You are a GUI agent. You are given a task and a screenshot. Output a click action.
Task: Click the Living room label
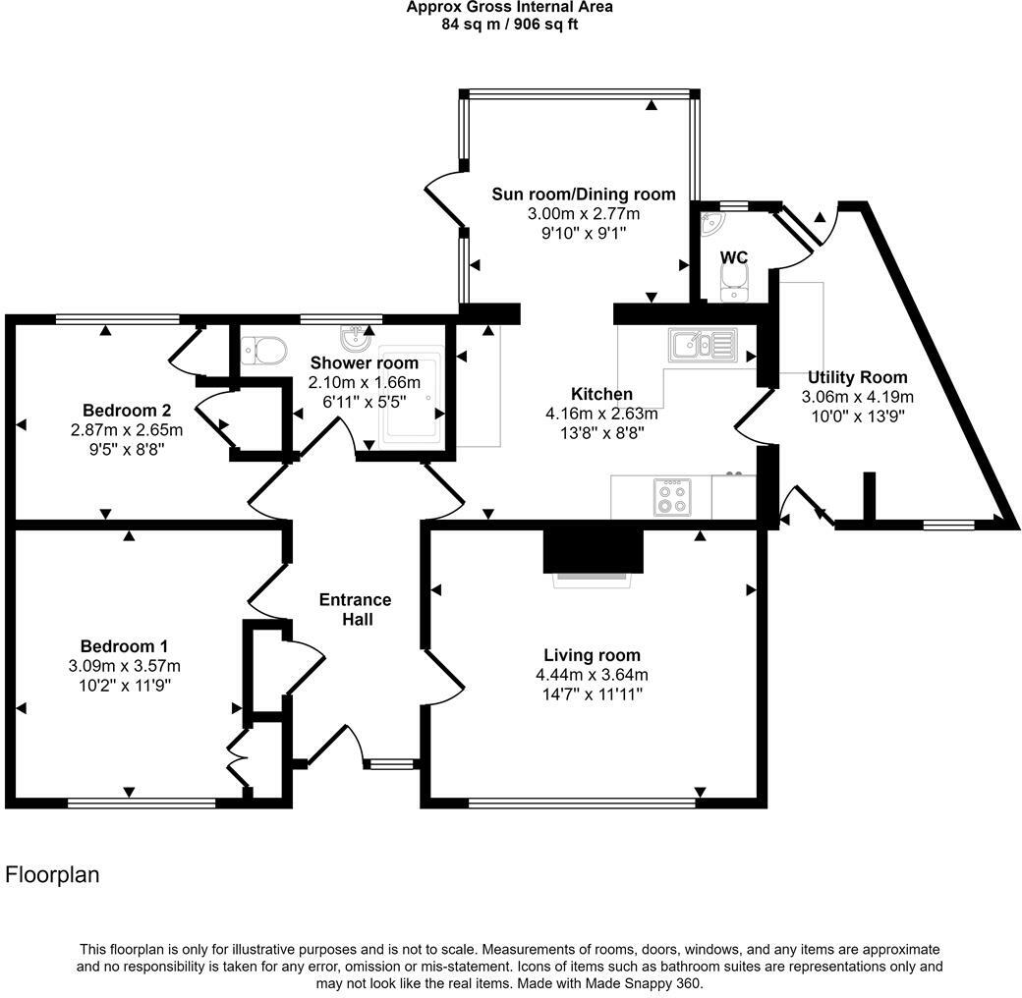(x=592, y=655)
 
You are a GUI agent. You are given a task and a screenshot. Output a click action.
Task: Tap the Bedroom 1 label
(x=124, y=646)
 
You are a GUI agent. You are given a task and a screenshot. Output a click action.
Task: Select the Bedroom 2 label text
(x=120, y=410)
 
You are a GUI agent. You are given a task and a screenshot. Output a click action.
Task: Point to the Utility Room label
(x=857, y=377)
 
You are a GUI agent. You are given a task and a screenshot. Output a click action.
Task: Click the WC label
(x=734, y=257)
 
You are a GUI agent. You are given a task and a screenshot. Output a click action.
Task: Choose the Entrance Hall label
(x=355, y=609)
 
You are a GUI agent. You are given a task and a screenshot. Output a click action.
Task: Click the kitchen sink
(x=702, y=345)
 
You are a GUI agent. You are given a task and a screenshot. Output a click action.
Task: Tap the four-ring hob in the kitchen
(x=673, y=497)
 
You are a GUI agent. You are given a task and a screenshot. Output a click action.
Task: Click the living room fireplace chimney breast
(x=593, y=549)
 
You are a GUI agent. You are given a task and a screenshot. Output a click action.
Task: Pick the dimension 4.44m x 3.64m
(x=592, y=675)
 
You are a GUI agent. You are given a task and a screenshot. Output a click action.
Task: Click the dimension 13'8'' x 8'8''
(x=601, y=433)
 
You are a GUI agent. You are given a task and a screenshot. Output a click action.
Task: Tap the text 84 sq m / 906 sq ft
(x=510, y=25)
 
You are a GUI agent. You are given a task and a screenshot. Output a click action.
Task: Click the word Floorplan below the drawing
(x=53, y=874)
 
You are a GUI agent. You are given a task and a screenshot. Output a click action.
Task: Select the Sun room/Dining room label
(x=584, y=194)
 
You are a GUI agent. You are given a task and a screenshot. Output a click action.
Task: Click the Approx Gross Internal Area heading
(x=510, y=8)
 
